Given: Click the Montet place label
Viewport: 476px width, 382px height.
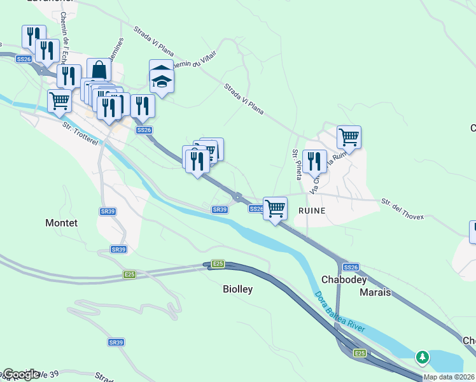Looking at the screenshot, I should click(62, 223).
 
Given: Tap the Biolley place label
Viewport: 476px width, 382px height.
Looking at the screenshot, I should click(237, 289).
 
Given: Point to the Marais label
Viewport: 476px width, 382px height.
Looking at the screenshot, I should click(375, 293).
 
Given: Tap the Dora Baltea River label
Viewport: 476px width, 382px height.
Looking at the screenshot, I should click(339, 311).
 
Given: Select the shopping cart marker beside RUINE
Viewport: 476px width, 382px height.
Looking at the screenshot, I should click(275, 208).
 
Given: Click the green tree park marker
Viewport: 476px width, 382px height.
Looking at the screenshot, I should click(423, 357).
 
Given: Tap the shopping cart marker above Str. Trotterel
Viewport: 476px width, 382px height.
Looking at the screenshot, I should click(59, 100).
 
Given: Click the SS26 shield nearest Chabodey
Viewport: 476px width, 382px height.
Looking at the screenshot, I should click(351, 267).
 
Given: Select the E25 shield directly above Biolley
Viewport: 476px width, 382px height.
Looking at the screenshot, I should click(218, 264).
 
